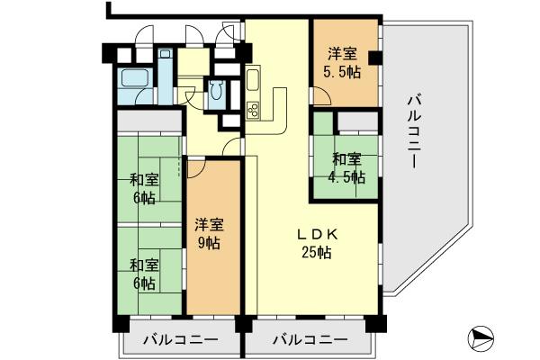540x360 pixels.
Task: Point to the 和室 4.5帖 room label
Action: click(x=346, y=168)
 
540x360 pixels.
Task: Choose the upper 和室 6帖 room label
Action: click(x=144, y=186)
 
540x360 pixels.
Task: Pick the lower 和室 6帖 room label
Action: click(x=144, y=274)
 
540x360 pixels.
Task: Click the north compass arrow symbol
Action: click(x=481, y=339)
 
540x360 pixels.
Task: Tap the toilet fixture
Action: click(x=218, y=91)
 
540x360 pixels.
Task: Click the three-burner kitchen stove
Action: click(x=253, y=111)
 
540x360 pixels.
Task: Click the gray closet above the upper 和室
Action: click(x=148, y=121)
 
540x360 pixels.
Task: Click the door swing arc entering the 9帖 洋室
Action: click(x=196, y=168)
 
